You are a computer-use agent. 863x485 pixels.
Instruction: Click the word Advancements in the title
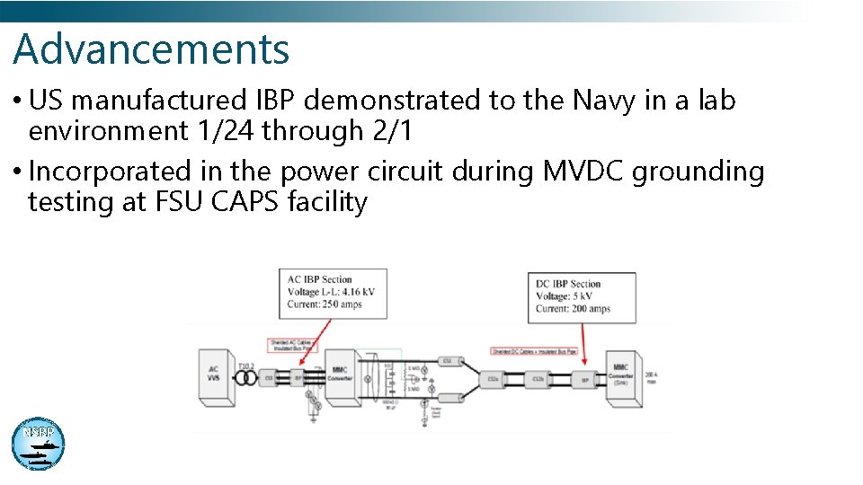151,49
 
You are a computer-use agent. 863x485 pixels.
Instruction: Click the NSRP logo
38,443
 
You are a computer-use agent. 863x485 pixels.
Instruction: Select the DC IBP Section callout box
581,297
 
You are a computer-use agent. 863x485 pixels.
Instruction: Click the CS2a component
493,380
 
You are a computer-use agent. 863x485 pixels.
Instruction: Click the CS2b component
538,380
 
